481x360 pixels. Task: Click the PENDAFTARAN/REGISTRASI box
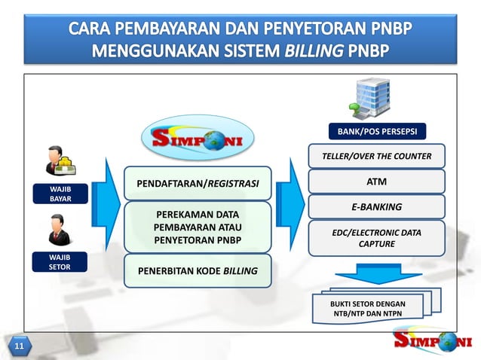point(197,183)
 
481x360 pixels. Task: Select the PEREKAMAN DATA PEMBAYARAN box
point(197,227)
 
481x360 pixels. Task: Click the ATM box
point(376,181)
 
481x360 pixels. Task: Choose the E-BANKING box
point(376,206)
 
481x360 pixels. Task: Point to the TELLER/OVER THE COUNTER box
point(376,156)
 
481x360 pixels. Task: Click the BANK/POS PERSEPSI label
point(376,133)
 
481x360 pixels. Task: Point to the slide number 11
point(17,346)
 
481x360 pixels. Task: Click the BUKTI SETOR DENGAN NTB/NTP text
point(369,306)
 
